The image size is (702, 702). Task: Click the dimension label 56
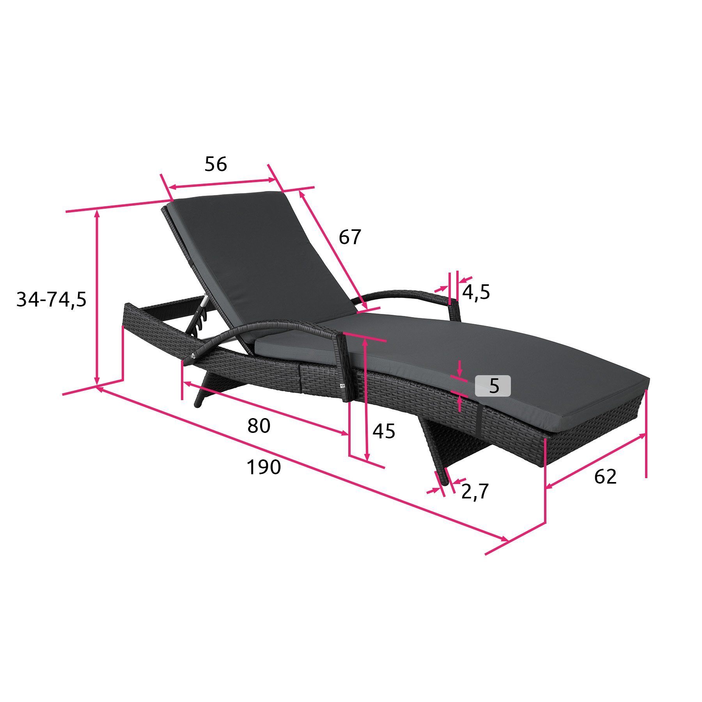pyautogui.click(x=216, y=164)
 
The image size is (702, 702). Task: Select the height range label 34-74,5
pyautogui.click(x=51, y=300)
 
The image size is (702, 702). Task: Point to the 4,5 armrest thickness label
pyautogui.click(x=476, y=292)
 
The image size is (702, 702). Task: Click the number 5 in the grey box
pyautogui.click(x=494, y=386)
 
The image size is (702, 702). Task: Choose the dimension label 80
pyautogui.click(x=259, y=425)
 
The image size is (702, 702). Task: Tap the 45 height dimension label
pyautogui.click(x=384, y=431)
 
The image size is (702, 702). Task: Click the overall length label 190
pyautogui.click(x=264, y=467)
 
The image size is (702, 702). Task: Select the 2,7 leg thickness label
pyautogui.click(x=475, y=491)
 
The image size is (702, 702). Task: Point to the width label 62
pyautogui.click(x=605, y=477)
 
